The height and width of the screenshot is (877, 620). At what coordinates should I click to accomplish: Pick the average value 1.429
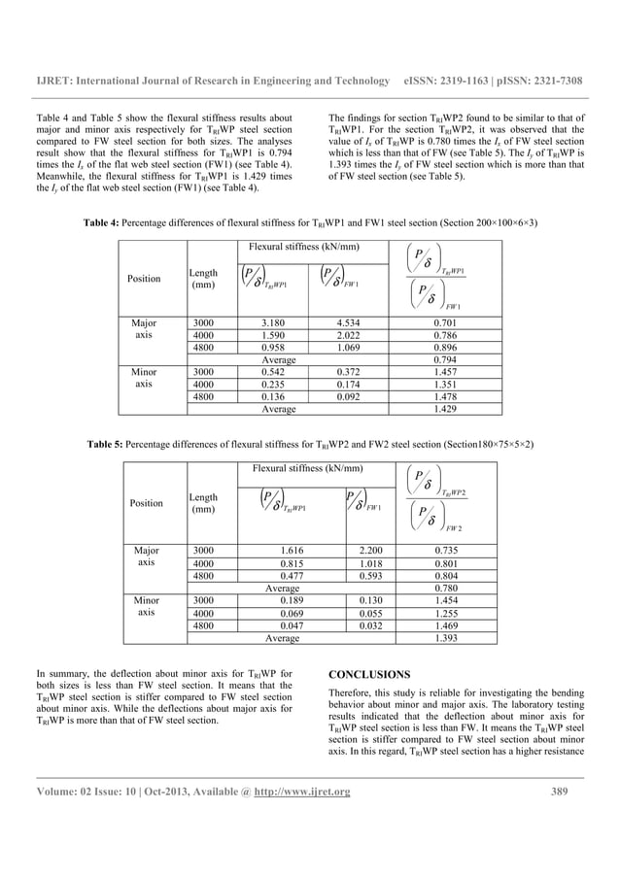coord(419,412)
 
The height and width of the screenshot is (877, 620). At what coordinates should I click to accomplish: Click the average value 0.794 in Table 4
coord(419,359)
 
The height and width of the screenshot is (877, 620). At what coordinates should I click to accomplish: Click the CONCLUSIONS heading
coord(369,673)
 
